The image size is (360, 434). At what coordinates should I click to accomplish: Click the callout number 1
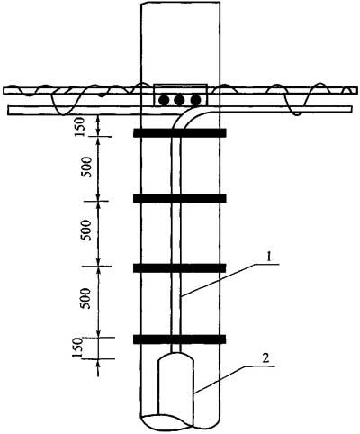coord(269,258)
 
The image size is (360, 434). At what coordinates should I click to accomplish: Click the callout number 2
coord(265,358)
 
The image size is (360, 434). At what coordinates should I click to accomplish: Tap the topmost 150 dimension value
coord(81,128)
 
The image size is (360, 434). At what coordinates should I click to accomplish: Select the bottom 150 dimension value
coord(77,348)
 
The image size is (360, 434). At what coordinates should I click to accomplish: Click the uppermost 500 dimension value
coord(88,167)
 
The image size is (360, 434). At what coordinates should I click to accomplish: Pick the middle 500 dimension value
coord(86,231)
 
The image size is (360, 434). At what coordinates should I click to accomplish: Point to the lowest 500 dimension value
coord(85,299)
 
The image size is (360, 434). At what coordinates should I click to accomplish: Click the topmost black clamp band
coord(179,133)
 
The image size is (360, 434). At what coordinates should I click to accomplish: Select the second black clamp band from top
coord(179,198)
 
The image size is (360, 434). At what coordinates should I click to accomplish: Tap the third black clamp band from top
coord(179,268)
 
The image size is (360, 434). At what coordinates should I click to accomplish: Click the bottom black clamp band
coord(179,339)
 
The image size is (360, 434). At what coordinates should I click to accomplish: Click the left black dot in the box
coord(164,100)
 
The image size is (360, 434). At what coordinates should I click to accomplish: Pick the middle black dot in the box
coord(180,100)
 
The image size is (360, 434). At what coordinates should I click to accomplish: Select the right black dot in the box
coord(195,100)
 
